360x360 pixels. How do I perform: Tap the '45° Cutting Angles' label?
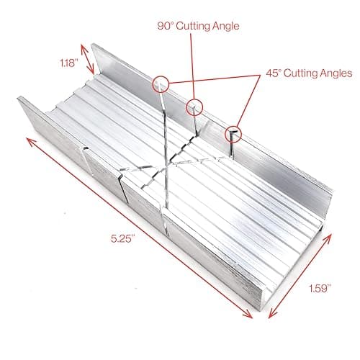(307, 73)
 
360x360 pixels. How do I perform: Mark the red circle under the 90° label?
(193, 108)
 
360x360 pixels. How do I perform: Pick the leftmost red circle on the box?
(160, 84)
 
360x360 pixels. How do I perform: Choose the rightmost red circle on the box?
(233, 133)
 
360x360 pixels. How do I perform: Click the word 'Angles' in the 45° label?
(334, 73)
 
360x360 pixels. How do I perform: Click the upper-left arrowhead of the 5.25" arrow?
(31, 140)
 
